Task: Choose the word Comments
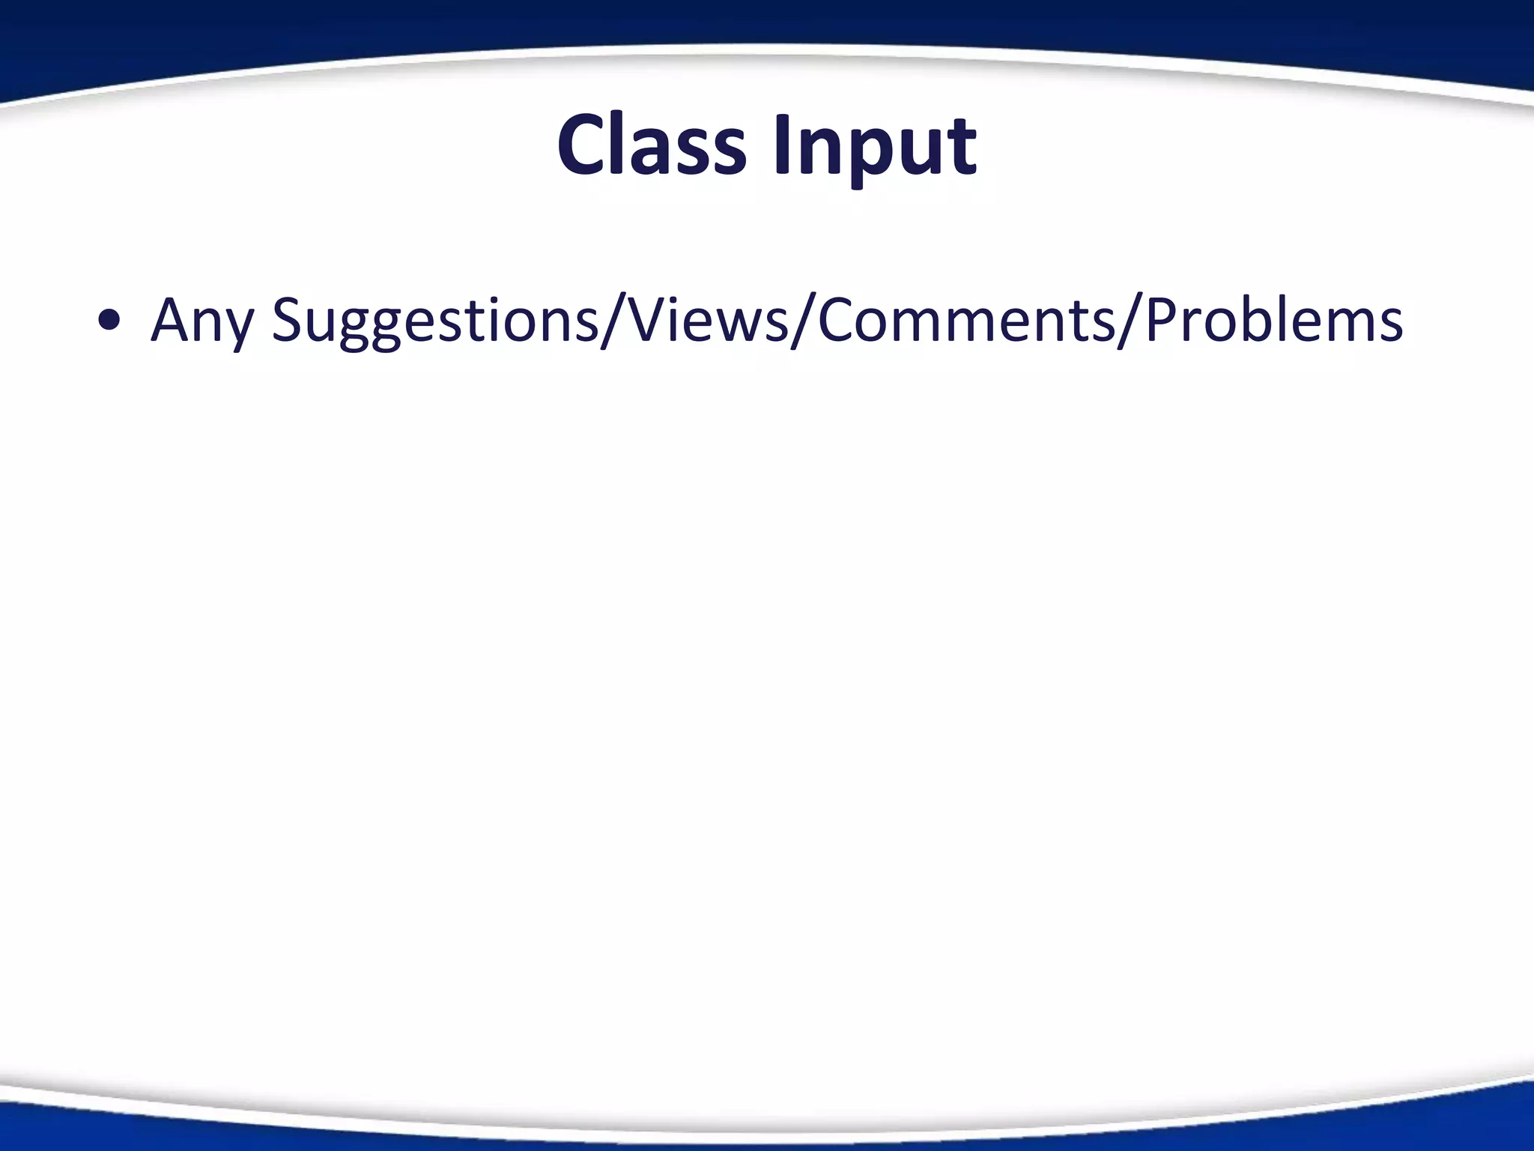point(955,320)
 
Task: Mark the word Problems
point(1274,320)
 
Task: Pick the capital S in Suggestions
point(288,320)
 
